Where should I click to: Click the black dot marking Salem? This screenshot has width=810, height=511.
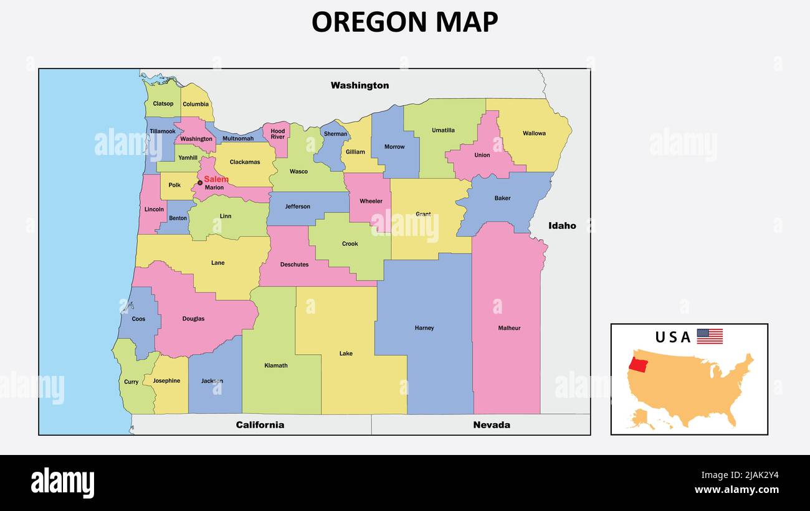[x=200, y=182]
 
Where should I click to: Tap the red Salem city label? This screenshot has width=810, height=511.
[x=216, y=179]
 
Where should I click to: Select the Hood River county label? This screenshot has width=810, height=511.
[x=278, y=134]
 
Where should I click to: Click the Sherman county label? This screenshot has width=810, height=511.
[x=336, y=134]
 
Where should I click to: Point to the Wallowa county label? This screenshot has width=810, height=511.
[x=534, y=133]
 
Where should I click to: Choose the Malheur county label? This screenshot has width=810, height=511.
[x=509, y=328]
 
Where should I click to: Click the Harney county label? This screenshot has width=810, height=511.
[x=424, y=328]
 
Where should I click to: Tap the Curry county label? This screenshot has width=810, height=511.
[x=131, y=382]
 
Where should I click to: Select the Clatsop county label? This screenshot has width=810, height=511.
[x=163, y=104]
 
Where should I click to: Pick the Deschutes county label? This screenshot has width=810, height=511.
[x=294, y=265]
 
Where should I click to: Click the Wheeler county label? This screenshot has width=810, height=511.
[x=371, y=201]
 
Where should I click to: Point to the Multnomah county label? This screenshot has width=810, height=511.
[x=238, y=138]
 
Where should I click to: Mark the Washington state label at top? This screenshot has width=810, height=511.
[x=360, y=85]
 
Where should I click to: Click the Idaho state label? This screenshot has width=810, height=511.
[x=562, y=226]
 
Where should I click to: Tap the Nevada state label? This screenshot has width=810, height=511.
[x=491, y=425]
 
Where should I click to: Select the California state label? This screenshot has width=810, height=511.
[x=260, y=425]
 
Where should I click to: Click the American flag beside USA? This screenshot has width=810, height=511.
[x=710, y=337]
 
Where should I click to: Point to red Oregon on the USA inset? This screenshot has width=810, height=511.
[x=639, y=364]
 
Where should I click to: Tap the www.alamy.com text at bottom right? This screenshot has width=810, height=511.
[x=736, y=490]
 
